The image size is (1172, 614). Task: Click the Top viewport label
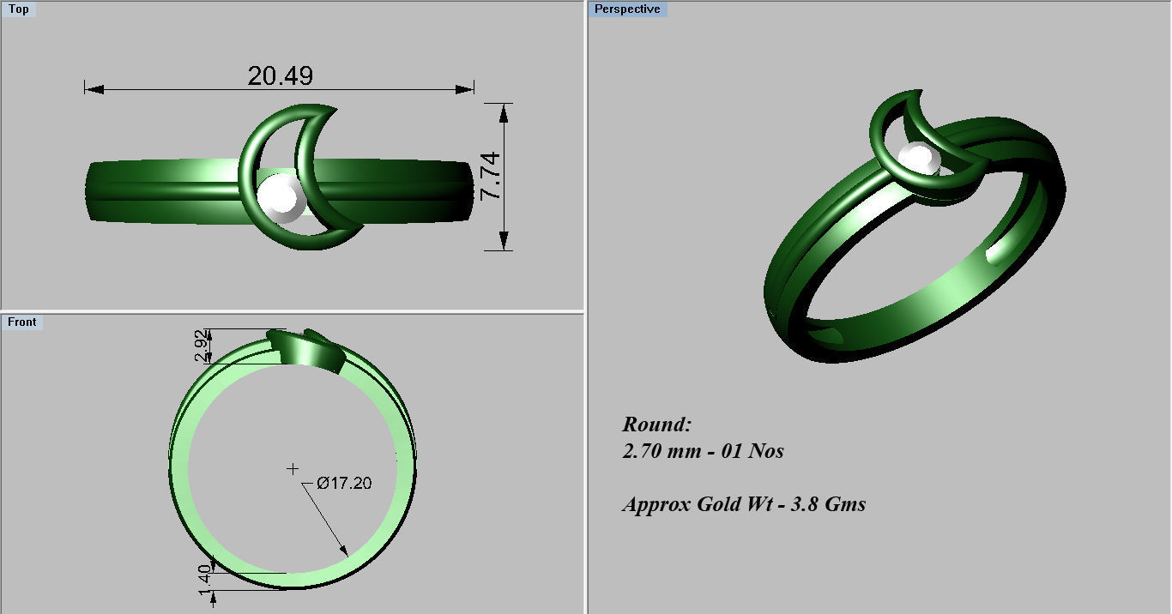coord(18,9)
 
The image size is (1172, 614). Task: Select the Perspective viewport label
coord(627,9)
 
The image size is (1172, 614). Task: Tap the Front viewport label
coord(22,322)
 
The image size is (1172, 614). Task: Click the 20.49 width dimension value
coord(280,76)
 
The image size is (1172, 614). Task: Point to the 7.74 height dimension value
coord(490,177)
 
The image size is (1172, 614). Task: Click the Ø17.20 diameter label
coord(344,483)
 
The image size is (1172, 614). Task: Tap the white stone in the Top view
coord(280,199)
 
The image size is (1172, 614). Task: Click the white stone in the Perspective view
coord(918,160)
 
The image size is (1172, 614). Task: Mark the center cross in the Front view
coord(293,468)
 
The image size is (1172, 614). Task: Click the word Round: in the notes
coord(656,424)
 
